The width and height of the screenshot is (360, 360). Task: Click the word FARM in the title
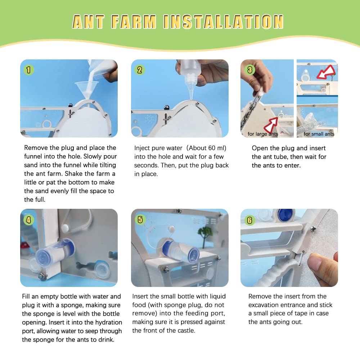click(134, 22)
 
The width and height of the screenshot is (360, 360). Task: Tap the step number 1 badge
click(29, 70)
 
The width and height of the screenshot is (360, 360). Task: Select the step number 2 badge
click(140, 70)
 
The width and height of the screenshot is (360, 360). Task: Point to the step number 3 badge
click(250, 69)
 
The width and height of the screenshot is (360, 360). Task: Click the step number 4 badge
click(29, 220)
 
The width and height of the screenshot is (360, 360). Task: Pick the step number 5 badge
click(140, 220)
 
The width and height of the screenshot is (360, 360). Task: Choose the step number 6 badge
click(249, 220)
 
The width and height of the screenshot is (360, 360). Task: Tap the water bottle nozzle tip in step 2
click(192, 99)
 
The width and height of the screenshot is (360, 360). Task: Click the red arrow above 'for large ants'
click(271, 125)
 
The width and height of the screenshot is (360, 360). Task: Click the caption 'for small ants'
click(319, 134)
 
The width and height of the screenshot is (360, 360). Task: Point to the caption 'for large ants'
click(263, 134)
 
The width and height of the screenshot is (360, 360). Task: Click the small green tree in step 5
click(205, 235)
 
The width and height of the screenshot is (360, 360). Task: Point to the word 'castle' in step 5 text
click(186, 330)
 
